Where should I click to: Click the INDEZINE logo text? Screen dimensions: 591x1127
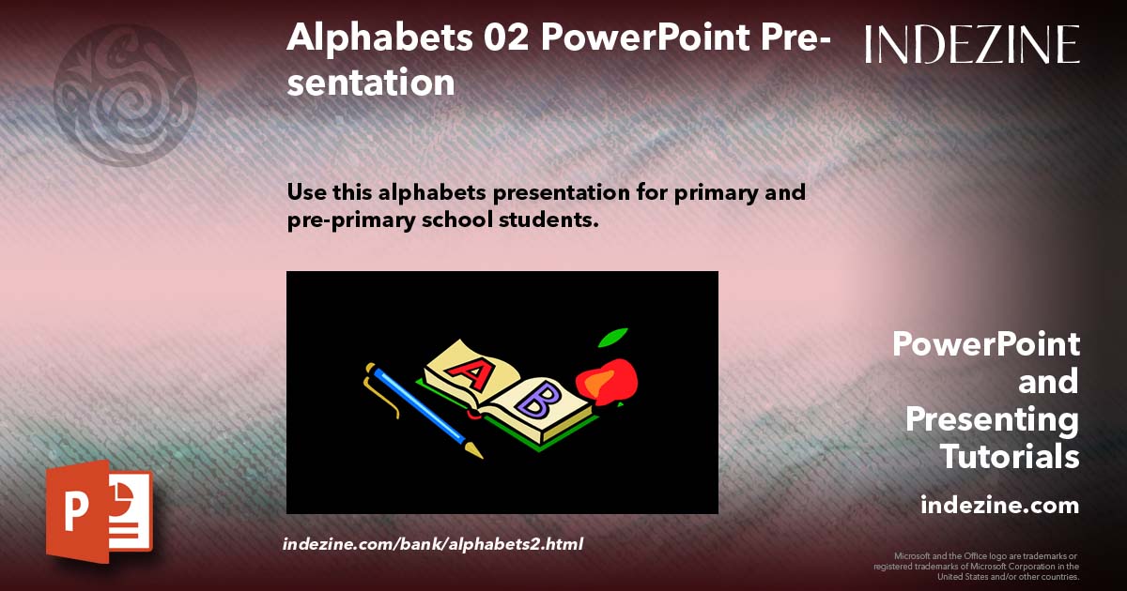pyautogui.click(x=972, y=44)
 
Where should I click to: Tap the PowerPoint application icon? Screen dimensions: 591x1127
pyautogui.click(x=100, y=511)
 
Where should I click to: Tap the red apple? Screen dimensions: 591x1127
pyautogui.click(x=608, y=380)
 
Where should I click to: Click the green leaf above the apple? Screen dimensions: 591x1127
pyautogui.click(x=613, y=337)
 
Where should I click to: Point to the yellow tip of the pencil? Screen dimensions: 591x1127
pyautogui.click(x=474, y=450)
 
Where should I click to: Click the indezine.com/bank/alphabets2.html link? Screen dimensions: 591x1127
pyautogui.click(x=433, y=544)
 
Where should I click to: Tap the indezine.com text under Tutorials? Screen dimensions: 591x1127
pyautogui.click(x=999, y=506)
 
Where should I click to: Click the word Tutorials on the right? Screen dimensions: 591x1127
pyautogui.click(x=1010, y=457)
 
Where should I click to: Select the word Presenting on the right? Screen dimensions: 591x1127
pyautogui.click(x=992, y=419)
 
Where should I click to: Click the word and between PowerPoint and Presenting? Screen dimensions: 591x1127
pyautogui.click(x=1048, y=382)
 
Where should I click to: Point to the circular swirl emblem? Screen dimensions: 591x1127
pyautogui.click(x=125, y=94)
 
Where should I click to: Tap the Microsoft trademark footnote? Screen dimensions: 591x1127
pyautogui.click(x=977, y=566)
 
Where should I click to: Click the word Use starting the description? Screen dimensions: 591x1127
pyautogui.click(x=307, y=193)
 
